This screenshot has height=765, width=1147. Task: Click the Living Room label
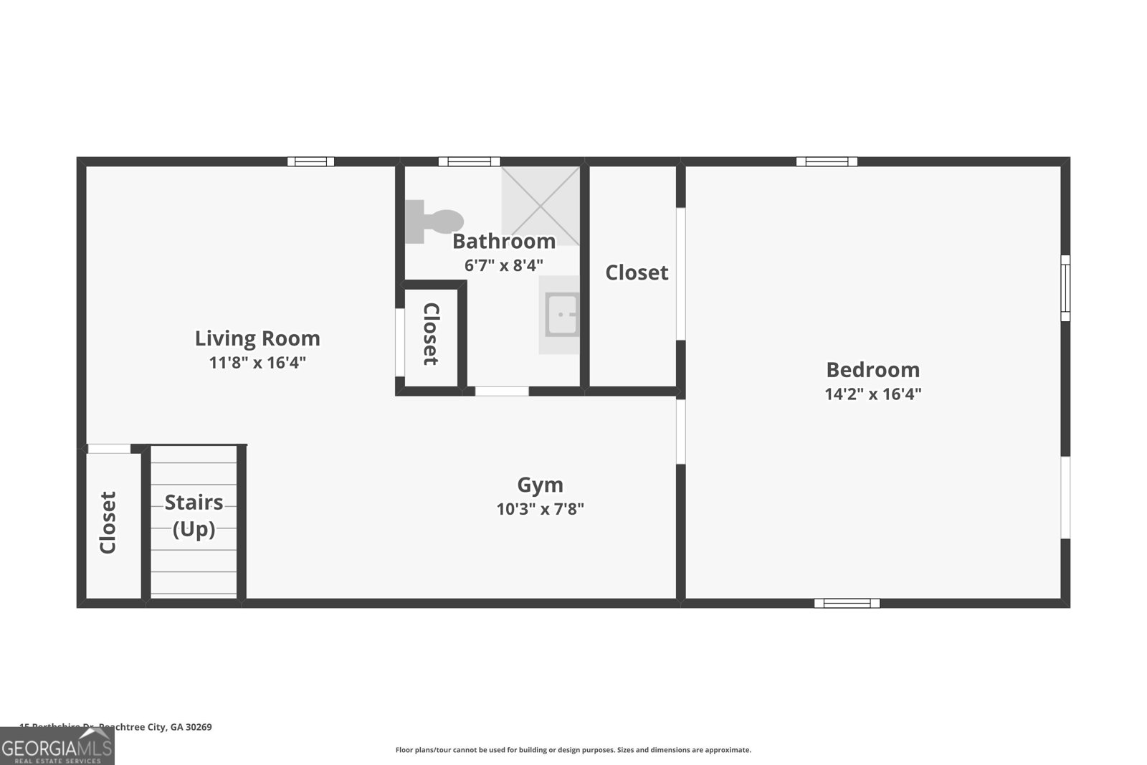257,338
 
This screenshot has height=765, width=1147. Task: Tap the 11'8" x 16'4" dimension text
257,363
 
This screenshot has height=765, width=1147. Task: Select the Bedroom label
872,369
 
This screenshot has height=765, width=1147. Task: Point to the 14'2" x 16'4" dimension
872,394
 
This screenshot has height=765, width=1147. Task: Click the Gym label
540,485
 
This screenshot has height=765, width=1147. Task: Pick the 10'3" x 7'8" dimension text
540,510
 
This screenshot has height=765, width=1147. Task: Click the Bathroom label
503,241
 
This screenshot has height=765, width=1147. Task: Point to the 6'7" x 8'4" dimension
503,265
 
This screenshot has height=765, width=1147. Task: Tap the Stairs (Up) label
194,515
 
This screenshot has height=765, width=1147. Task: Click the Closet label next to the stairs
108,523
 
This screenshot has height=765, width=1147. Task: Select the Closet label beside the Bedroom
637,272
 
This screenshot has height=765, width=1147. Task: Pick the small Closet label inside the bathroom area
431,334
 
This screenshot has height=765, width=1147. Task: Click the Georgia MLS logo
57,746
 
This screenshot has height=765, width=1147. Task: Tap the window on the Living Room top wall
310,161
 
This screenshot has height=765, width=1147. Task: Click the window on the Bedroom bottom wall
847,603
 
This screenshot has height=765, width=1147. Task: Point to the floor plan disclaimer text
573,750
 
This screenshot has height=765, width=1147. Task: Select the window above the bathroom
469,161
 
